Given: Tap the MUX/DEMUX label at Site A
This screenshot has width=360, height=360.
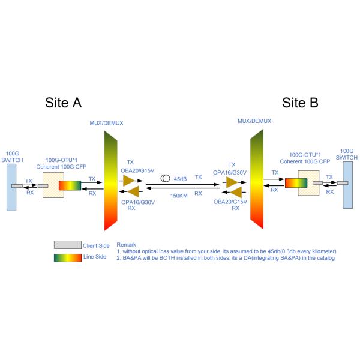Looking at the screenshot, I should click(106, 123).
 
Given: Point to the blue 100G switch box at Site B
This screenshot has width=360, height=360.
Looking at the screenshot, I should click(348, 183).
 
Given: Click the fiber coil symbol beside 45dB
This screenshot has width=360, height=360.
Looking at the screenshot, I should click(164, 178).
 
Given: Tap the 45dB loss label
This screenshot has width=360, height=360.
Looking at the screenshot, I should click(180, 178).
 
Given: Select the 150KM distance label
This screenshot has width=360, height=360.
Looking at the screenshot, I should click(179, 196).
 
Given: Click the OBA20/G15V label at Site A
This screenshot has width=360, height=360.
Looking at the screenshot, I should click(138, 169).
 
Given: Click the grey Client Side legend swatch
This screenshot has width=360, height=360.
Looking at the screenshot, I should click(67, 245).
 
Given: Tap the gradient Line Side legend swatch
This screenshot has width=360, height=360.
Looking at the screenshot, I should click(67, 257).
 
